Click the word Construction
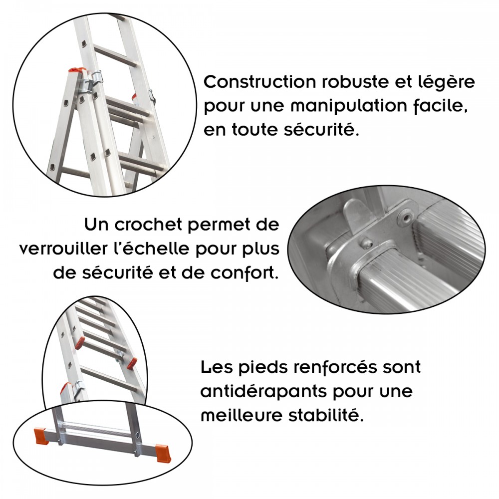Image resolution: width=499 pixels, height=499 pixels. tap(259, 82)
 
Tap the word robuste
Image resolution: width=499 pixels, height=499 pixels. tap(355, 82)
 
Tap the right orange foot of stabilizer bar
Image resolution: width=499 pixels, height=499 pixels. tap(163, 453)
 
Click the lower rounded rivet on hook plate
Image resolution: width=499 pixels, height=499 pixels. tap(365, 243)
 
